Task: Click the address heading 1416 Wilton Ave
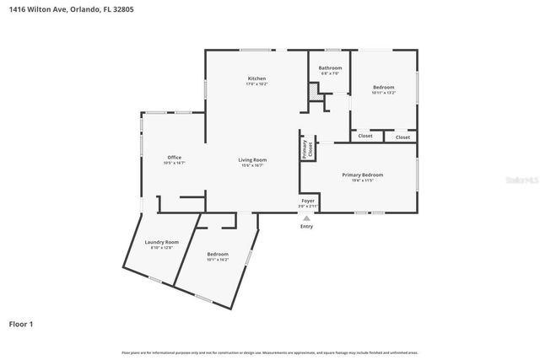coord(71,9)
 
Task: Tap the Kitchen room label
coord(256,78)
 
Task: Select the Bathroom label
coord(330,67)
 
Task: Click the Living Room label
coord(251,159)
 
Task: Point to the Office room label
coord(175,157)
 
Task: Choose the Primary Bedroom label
coord(362,175)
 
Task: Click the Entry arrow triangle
coord(306,218)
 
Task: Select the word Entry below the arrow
coord(306,226)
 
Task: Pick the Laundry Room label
coord(161,242)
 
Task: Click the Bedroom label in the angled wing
coord(218,254)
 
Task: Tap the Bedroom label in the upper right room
coord(383,86)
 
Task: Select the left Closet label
coord(365,136)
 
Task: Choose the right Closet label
coord(402,137)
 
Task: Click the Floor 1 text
coord(21,323)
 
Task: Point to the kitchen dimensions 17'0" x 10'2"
coord(256,84)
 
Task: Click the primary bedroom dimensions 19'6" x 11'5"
coord(362,180)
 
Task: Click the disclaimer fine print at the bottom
coord(269,352)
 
